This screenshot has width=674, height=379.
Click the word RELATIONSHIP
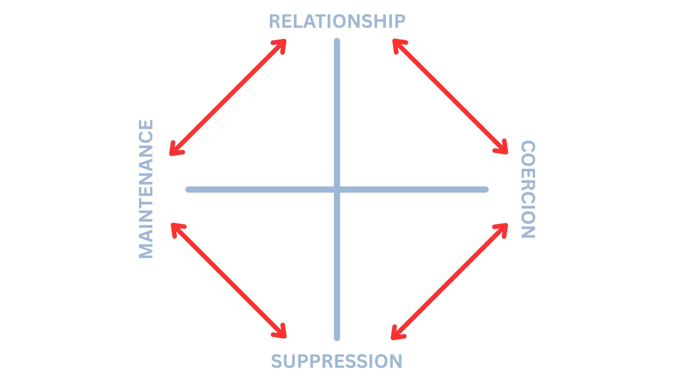point(337,21)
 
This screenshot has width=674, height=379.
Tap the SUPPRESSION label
point(337,361)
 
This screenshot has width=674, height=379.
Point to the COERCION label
point(528,189)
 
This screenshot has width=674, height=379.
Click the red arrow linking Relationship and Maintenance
point(228,97)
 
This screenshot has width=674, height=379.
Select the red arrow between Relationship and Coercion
point(450,97)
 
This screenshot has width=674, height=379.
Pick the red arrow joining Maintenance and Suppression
point(229,280)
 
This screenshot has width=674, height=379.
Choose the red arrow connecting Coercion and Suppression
point(449,281)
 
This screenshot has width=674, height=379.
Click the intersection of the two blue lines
point(337,189)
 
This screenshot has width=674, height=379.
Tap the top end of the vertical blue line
point(337,41)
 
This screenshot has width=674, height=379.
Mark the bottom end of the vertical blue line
point(337,338)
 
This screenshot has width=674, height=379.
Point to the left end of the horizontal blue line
point(189,189)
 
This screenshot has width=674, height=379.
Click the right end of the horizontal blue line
point(485,189)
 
